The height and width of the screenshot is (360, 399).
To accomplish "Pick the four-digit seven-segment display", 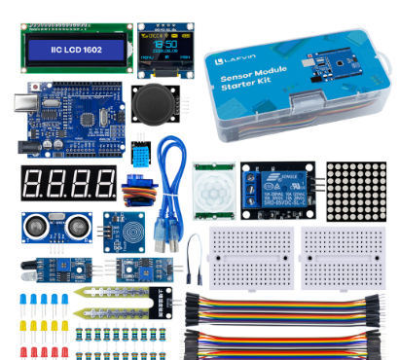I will [x=67, y=181].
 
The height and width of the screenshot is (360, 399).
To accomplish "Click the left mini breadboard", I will [x=245, y=257].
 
